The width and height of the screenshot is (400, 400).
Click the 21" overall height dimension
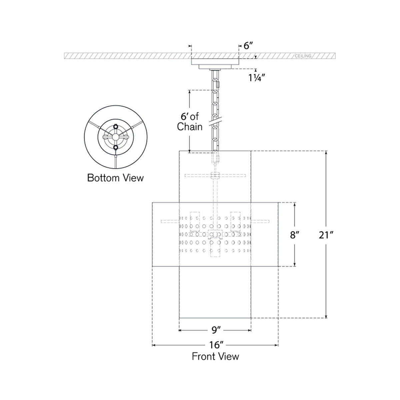pyautogui.click(x=326, y=235)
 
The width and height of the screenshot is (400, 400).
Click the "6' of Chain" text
pyautogui.click(x=190, y=121)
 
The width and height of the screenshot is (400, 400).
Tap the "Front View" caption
pyautogui.click(x=215, y=356)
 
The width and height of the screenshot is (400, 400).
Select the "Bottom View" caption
pyautogui.click(x=115, y=178)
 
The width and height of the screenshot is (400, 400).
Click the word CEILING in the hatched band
pyautogui.click(x=303, y=56)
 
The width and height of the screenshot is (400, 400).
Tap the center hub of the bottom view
pyautogui.click(x=115, y=137)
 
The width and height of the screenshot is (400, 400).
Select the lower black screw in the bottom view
pyautogui.click(x=115, y=147)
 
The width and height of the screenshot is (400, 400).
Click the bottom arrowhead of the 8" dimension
pyautogui.click(x=294, y=265)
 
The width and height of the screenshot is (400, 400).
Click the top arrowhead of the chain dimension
pyautogui.click(x=190, y=91)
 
